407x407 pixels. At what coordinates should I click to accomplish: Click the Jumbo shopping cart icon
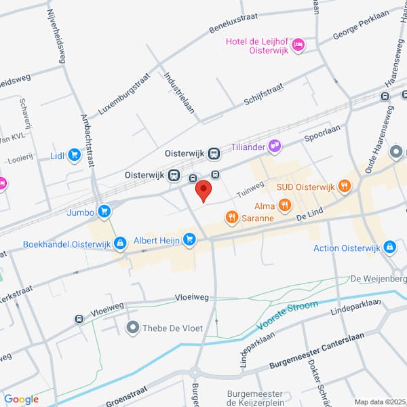tap(104, 211)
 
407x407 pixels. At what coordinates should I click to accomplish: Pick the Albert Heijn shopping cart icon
tap(189, 238)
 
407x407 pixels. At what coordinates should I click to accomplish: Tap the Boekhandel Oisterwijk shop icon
tap(120, 242)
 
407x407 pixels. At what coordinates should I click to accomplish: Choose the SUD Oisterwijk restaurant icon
tap(345, 186)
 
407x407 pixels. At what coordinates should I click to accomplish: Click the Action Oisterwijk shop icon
tap(389, 248)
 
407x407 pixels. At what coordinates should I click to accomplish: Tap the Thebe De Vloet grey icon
tap(132, 328)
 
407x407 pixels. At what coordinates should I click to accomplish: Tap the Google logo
tap(21, 400)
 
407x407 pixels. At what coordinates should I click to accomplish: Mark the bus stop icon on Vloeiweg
tap(79, 318)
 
